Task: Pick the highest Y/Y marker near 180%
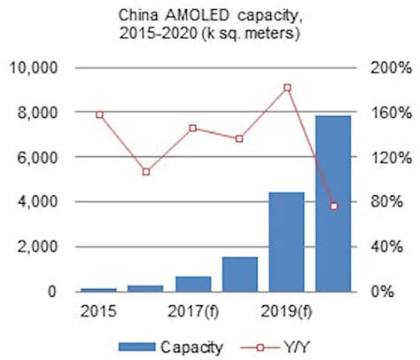click(287, 87)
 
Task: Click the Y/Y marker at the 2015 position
click(99, 114)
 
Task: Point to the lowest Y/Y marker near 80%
click(334, 206)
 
